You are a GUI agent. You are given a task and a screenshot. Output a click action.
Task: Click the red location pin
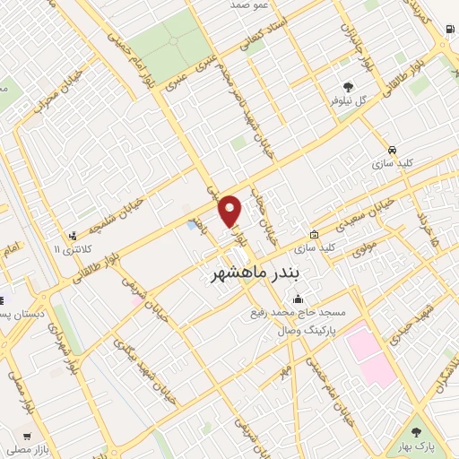[x=231, y=210]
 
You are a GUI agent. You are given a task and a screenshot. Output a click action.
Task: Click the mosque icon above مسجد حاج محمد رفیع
[x=298, y=299]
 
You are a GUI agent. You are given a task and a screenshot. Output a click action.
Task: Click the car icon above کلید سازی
[x=392, y=149]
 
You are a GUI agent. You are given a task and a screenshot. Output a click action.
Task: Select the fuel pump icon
[x=447, y=27]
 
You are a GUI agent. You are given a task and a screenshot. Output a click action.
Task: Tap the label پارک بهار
[x=415, y=445]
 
